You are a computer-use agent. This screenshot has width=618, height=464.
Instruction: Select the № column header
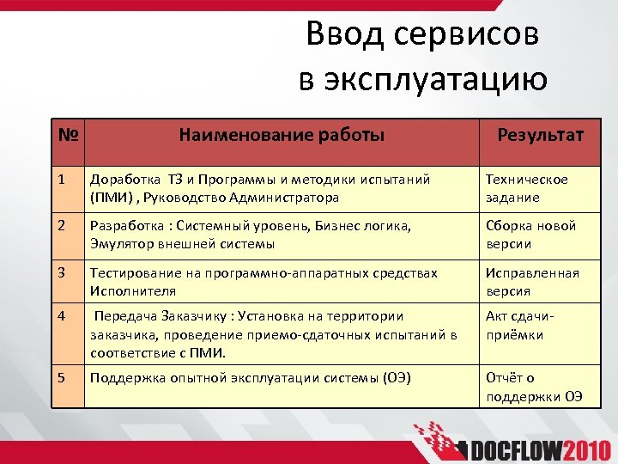coord(69,136)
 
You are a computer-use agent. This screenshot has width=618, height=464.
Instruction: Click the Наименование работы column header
coord(282,135)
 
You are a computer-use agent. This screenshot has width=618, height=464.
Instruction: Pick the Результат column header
coord(541,135)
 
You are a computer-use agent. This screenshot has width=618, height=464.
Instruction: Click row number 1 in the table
coord(61,180)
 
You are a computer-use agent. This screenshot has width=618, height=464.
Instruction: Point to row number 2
coord(61,226)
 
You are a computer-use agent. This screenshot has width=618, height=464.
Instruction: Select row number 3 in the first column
coord(61,273)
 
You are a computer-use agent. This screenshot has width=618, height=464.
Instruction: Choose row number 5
coord(61,377)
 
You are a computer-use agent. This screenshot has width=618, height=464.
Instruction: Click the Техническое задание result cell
coord(526,188)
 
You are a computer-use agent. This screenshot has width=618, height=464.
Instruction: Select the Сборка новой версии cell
coord(530,235)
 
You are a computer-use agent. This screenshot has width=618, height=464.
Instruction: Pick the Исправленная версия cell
coord(532,282)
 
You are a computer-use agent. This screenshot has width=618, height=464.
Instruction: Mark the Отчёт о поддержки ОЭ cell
coord(534,387)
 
